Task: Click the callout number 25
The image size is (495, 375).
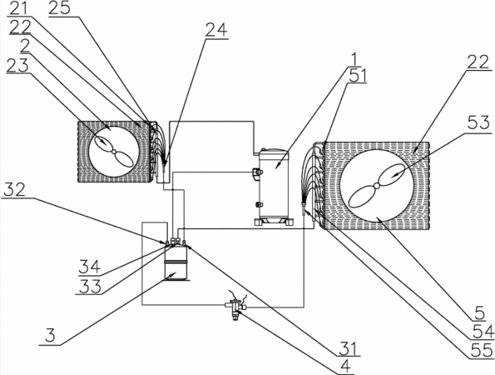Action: pos(59,7)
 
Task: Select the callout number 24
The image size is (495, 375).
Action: pos(216,31)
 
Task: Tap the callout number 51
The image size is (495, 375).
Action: pos(358,76)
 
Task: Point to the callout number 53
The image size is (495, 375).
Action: pos(478,122)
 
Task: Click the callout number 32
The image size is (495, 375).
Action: pos(13,190)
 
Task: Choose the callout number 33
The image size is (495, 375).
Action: pos(90,287)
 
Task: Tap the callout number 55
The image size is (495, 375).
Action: pos(482,350)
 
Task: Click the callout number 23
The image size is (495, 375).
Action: pos(17,66)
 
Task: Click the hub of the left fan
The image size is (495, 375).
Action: pos(114,152)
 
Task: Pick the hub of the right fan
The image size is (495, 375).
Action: pos(376,186)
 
